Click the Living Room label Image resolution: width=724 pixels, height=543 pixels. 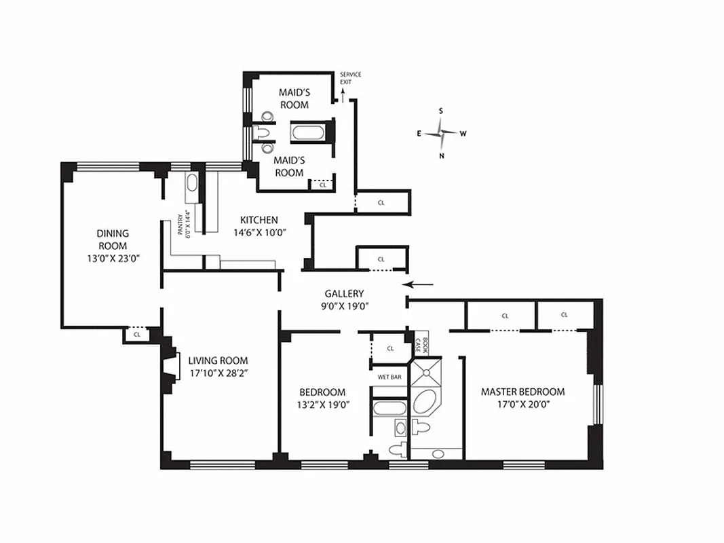(218, 360)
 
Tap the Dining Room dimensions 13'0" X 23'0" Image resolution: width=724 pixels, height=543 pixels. (113, 259)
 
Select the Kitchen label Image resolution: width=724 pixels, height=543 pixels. (259, 220)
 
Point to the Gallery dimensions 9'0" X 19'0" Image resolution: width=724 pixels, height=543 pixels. (345, 305)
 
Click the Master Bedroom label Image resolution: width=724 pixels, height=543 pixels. (522, 392)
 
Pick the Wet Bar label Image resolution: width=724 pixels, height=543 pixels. (389, 377)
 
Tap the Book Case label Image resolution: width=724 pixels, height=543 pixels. (421, 345)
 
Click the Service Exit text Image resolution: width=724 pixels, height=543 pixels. (350, 78)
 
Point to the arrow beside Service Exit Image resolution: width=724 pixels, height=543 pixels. (343, 95)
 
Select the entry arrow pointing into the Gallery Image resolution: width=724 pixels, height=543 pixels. (418, 284)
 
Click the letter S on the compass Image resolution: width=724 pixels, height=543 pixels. (441, 111)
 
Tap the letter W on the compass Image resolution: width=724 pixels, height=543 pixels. (463, 134)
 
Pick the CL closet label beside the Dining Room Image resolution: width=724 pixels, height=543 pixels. (136, 335)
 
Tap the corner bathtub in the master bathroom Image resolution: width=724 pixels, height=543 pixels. (425, 401)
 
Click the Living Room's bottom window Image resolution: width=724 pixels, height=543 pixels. (223, 464)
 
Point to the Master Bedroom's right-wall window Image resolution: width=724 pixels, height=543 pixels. (598, 404)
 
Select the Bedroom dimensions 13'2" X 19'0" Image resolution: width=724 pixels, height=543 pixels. (323, 405)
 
